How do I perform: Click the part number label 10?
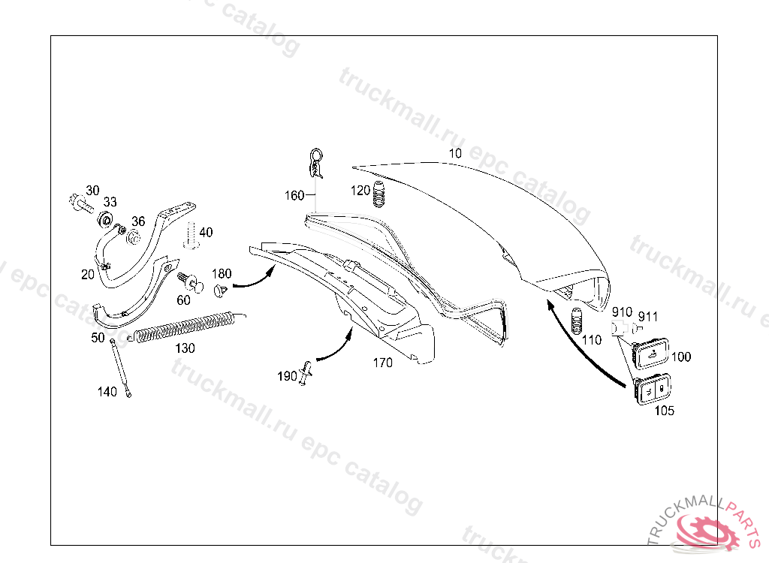(455, 154)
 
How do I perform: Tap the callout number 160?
(294, 196)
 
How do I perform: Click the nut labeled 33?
(105, 219)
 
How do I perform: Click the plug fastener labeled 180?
(221, 290)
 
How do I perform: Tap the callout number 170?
(382, 363)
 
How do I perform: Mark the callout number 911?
(648, 317)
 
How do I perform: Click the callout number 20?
(88, 275)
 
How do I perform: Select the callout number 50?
(98, 338)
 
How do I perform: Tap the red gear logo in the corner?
(706, 531)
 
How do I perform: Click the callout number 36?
(138, 221)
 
